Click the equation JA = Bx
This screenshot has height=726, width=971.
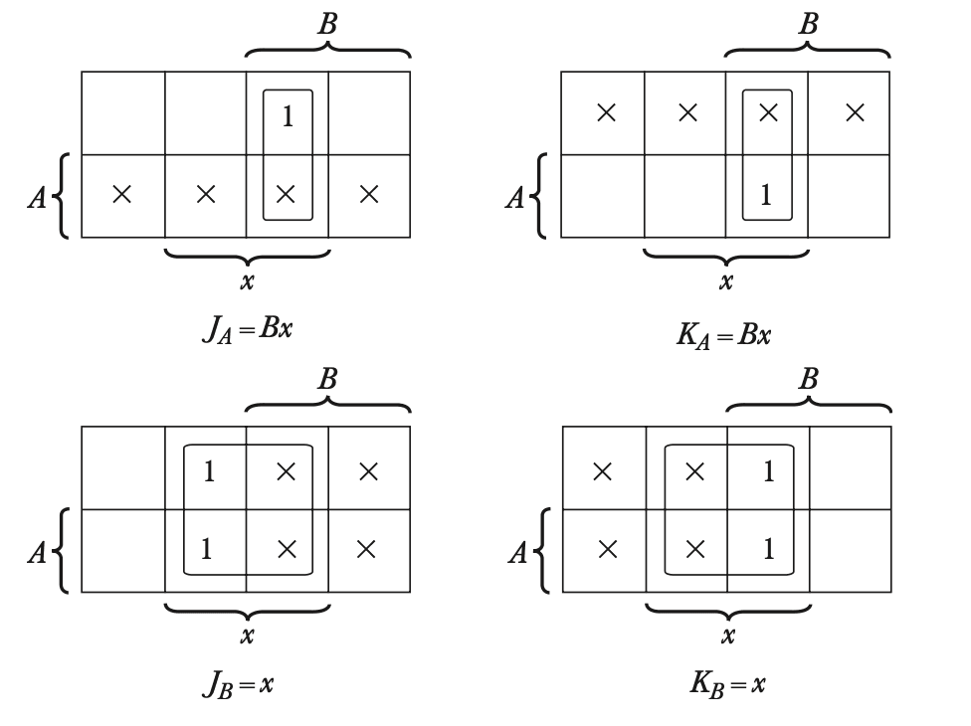click(247, 329)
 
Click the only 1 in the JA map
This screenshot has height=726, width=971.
click(288, 116)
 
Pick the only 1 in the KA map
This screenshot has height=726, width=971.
click(767, 196)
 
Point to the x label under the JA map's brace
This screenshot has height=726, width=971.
click(247, 281)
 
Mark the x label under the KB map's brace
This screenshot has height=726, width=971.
click(727, 635)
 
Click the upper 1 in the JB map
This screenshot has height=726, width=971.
click(207, 471)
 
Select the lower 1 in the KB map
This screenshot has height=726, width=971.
click(768, 550)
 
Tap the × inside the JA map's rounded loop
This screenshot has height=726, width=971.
click(287, 195)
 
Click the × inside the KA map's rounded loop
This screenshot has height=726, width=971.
click(767, 114)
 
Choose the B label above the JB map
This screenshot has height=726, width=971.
click(326, 381)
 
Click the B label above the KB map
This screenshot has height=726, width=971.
click(808, 381)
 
